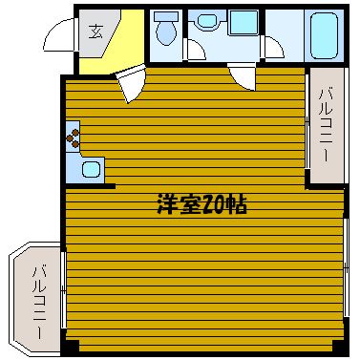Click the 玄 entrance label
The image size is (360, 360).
pyautogui.click(x=95, y=32)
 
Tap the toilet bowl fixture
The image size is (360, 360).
pyautogui.click(x=166, y=32)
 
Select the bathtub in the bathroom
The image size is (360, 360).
pyautogui.click(x=324, y=35)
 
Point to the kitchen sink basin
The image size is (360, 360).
pyautogui.click(x=92, y=169)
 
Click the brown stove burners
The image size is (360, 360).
pyautogui.click(x=74, y=138)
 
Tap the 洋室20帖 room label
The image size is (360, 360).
pyautogui.click(x=202, y=204)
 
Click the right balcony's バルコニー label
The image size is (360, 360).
pyautogui.click(x=327, y=125)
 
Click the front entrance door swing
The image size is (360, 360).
pyautogui.click(x=60, y=34)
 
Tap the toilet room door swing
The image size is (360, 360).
pyautogui.click(x=195, y=50)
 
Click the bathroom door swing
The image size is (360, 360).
pyautogui.click(x=272, y=47)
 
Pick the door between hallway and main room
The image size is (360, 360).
pyautogui.click(x=131, y=84)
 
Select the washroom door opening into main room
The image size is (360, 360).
pyautogui.click(x=242, y=76)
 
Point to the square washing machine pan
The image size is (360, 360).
pyautogui.click(x=244, y=22)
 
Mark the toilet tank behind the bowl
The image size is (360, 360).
pyautogui.click(x=166, y=17)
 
